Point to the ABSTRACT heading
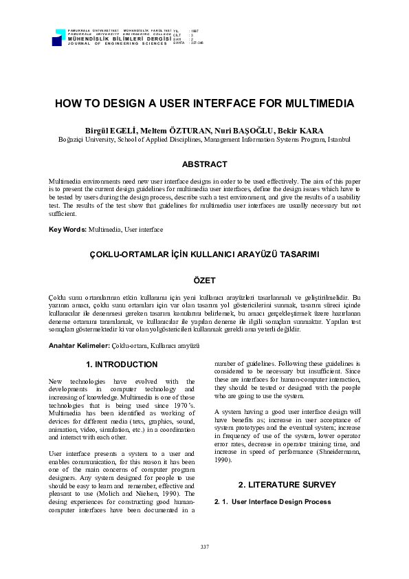204,164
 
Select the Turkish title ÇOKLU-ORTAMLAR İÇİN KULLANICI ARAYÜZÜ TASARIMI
204,254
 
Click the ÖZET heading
204,281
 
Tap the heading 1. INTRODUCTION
122,364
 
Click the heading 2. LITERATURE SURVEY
287,485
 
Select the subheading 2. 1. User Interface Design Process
273,502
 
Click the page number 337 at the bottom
204,546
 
